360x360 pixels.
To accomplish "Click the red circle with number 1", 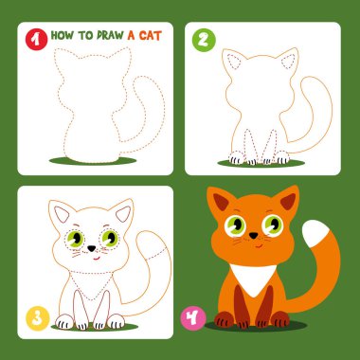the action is click(x=36, y=39).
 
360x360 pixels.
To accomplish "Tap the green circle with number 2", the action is click(x=204, y=40).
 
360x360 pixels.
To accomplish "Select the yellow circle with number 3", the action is click(x=38, y=318).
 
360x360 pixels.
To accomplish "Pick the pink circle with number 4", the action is click(x=193, y=317).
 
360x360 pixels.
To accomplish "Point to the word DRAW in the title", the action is click(x=110, y=35).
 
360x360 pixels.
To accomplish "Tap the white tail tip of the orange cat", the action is click(x=316, y=233).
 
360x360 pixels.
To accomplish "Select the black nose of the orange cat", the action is click(x=253, y=235).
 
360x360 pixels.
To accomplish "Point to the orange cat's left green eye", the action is click(x=236, y=225).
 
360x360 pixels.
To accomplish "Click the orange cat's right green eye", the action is click(x=273, y=225).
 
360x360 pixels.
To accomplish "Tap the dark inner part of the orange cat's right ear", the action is click(x=288, y=202).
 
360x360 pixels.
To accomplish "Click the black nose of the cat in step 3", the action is click(x=92, y=248).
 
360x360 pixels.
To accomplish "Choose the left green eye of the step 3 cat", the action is click(x=75, y=239).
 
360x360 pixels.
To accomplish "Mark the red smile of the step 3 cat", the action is click(x=97, y=259).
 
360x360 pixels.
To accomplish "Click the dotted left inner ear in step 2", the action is click(x=234, y=62).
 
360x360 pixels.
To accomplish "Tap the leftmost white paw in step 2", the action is click(x=237, y=157).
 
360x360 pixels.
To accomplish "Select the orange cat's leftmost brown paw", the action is click(x=224, y=319).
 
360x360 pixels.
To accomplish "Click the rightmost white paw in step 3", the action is click(x=116, y=321).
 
